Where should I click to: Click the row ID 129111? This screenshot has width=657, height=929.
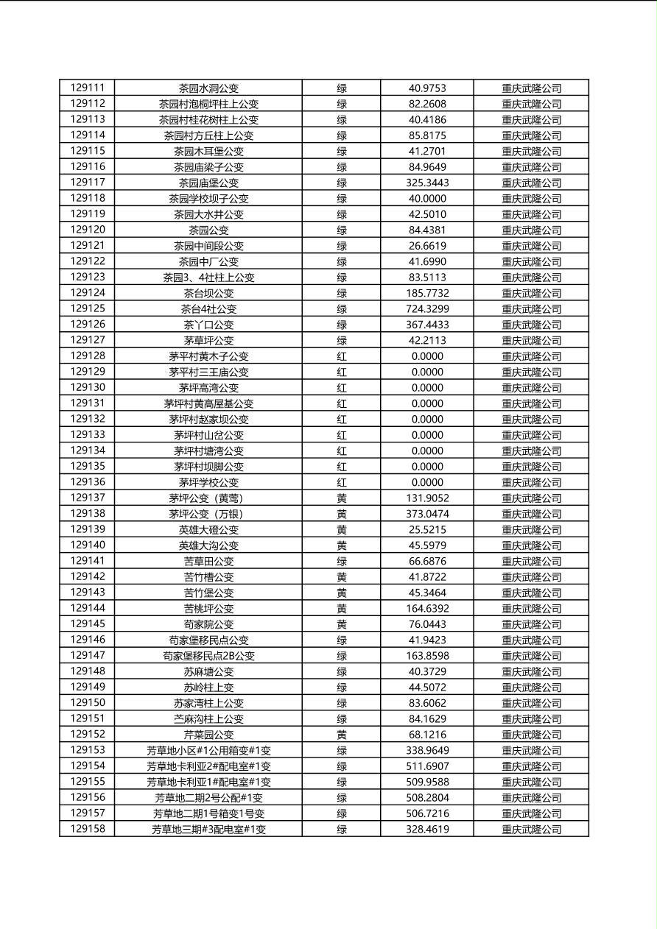[x=88, y=88]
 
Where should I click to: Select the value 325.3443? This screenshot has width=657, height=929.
[x=427, y=183]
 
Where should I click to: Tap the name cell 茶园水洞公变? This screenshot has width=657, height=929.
[x=208, y=88]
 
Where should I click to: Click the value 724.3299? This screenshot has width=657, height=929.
[x=427, y=309]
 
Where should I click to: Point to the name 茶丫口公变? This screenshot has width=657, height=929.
[x=208, y=325]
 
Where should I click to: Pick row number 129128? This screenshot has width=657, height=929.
[x=88, y=356]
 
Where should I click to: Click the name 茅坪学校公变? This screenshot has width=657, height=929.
[x=208, y=483]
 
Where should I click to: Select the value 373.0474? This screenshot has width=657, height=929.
[x=427, y=514]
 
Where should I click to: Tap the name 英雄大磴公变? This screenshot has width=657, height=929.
[x=208, y=530]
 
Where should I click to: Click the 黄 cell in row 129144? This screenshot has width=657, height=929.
[x=342, y=609]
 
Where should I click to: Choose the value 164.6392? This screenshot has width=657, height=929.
[x=427, y=609]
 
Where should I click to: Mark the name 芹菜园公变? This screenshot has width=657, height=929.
[x=208, y=735]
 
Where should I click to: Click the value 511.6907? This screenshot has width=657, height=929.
[x=427, y=766]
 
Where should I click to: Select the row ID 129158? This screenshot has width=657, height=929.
[x=88, y=829]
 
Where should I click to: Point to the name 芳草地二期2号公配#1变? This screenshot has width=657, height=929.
[x=208, y=798]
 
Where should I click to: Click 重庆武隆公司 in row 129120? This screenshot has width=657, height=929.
[x=531, y=230]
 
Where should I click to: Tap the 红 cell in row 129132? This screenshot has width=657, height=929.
[x=342, y=420]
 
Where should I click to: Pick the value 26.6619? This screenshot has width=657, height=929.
[x=427, y=246]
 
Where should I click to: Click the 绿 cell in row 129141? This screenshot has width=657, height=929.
[x=342, y=562]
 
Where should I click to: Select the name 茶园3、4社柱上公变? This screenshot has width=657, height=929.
[x=208, y=278]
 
